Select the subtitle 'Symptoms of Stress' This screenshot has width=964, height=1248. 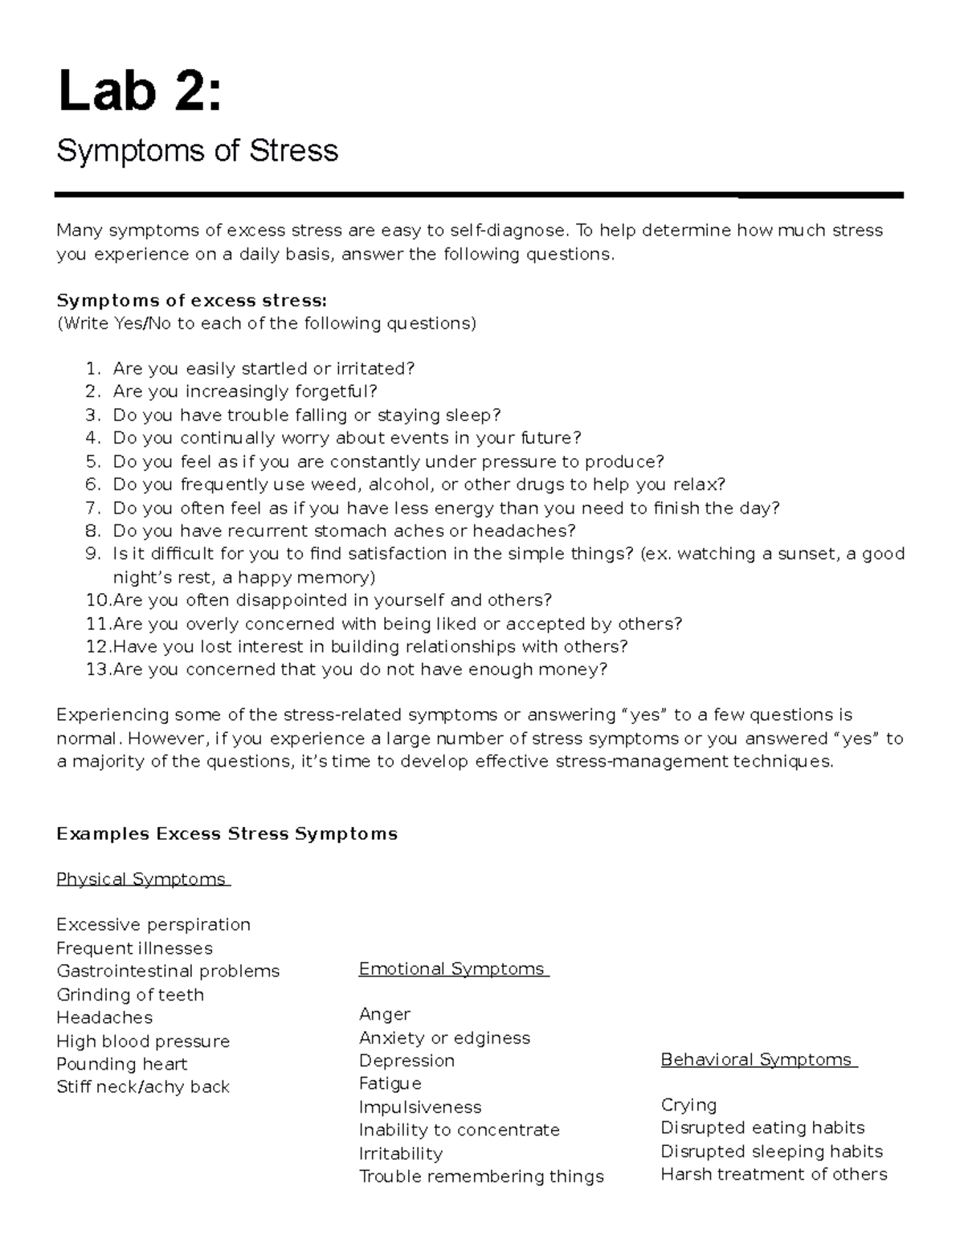point(197,151)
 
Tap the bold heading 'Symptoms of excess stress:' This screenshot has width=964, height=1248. point(191,301)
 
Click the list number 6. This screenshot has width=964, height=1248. point(92,485)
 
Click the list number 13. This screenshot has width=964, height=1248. point(97,669)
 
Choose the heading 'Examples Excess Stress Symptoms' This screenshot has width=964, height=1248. point(227,834)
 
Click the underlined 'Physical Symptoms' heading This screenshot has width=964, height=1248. point(141,879)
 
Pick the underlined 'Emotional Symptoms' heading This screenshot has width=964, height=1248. point(452,969)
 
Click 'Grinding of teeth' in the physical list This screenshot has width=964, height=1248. point(130,995)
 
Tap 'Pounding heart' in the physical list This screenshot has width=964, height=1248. point(121,1064)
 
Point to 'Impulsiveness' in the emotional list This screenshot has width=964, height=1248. point(420,1107)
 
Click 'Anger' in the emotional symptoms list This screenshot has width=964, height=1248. point(385,1014)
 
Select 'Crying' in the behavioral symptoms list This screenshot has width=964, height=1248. point(688,1105)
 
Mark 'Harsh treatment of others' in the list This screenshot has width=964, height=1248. point(774,1174)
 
